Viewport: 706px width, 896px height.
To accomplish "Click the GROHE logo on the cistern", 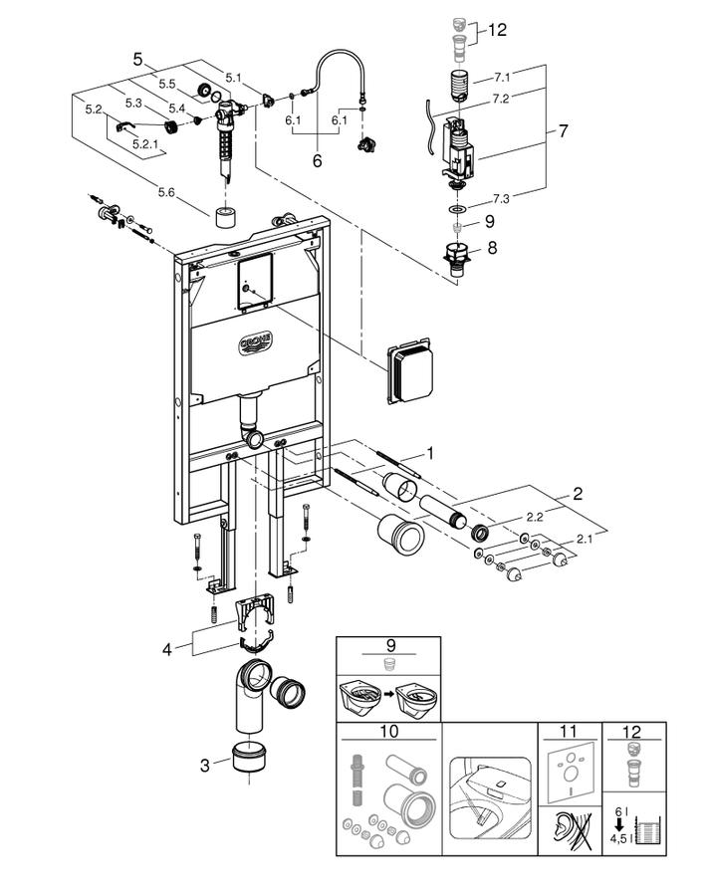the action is [255, 344].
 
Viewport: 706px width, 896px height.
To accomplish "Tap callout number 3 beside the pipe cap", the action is [205, 765].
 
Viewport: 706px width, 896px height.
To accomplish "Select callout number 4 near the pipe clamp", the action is [167, 649].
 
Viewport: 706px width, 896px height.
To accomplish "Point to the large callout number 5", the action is [137, 59].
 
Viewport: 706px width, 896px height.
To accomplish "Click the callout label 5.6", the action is [166, 192].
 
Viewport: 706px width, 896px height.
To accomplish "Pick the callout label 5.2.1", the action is [145, 144].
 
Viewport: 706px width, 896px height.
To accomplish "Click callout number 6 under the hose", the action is [317, 161].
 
